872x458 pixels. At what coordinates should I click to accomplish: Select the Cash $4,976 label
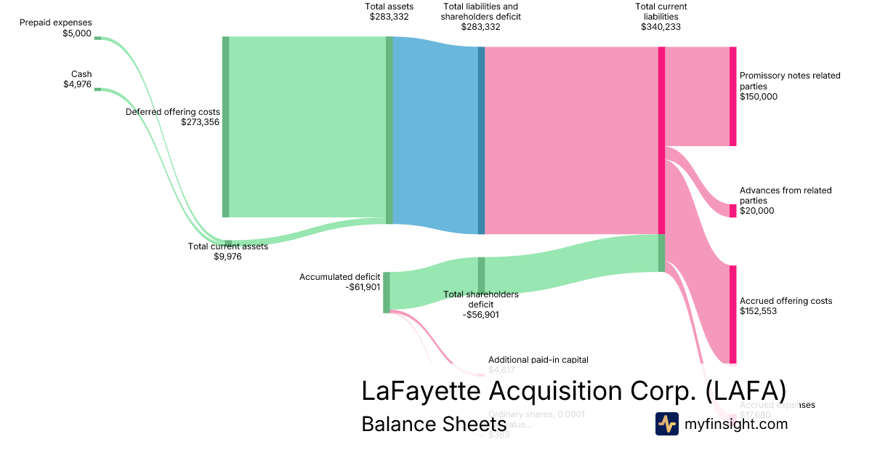[x=78, y=79]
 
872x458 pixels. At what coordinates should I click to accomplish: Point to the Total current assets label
[x=228, y=251]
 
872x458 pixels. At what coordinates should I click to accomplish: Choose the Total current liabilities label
[x=661, y=17]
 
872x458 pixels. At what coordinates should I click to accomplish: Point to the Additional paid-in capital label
[x=538, y=364]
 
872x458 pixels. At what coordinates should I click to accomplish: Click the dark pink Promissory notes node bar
[x=733, y=96]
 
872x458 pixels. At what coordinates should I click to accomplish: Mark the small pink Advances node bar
[x=733, y=211]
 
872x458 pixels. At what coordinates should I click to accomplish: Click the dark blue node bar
[x=481, y=140]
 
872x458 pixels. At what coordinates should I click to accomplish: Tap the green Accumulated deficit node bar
[x=387, y=292]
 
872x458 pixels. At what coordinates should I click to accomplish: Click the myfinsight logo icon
[x=666, y=424]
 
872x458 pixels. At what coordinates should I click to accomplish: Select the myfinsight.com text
[x=735, y=424]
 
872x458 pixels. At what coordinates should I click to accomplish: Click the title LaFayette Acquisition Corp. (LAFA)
[x=573, y=390]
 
